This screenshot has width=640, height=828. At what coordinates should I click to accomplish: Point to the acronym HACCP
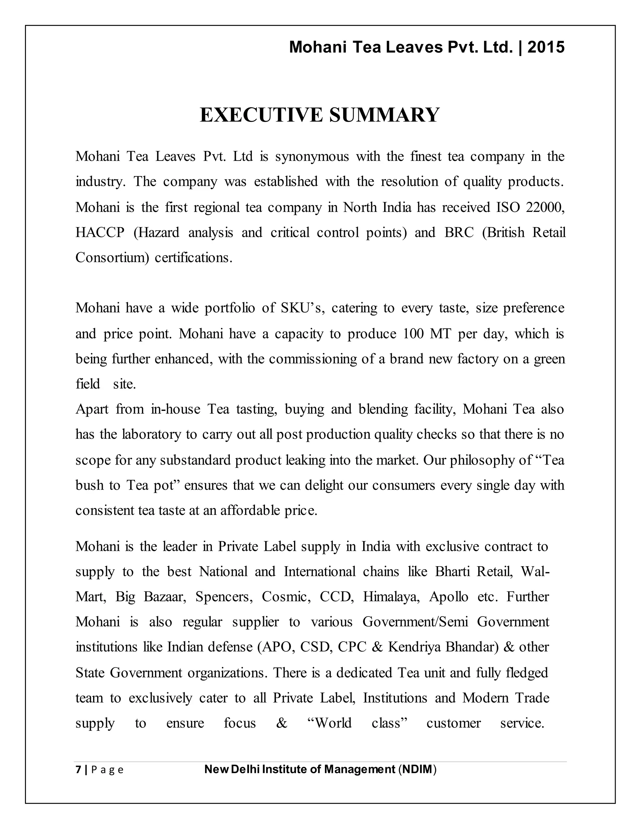click(x=100, y=232)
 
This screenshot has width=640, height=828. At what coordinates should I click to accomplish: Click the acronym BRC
click(x=459, y=232)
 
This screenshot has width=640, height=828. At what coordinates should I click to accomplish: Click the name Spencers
click(x=224, y=597)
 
